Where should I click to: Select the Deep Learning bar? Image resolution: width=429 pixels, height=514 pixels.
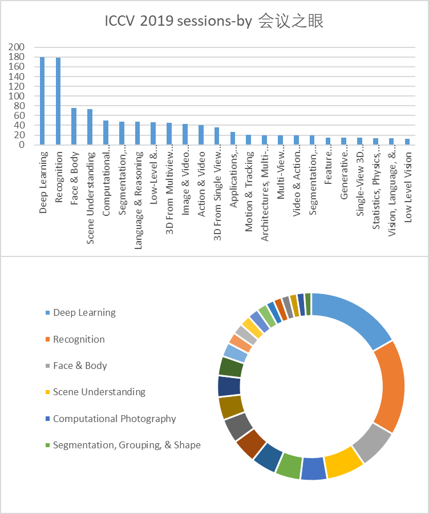[42, 101]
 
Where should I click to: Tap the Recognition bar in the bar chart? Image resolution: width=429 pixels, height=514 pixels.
[58, 101]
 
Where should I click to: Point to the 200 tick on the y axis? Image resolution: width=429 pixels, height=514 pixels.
[17, 47]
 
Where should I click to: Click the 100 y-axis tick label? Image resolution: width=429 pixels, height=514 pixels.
[17, 96]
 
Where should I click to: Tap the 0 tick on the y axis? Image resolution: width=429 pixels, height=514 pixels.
[22, 144]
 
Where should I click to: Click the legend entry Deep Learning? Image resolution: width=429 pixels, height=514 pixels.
[84, 313]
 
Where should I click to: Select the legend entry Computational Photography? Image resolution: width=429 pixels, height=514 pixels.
[114, 419]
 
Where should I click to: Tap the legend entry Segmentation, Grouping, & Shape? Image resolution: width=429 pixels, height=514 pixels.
[127, 445]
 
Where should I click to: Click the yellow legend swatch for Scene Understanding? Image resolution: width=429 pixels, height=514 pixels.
[48, 392]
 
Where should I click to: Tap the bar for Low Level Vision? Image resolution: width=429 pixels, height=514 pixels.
[407, 142]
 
